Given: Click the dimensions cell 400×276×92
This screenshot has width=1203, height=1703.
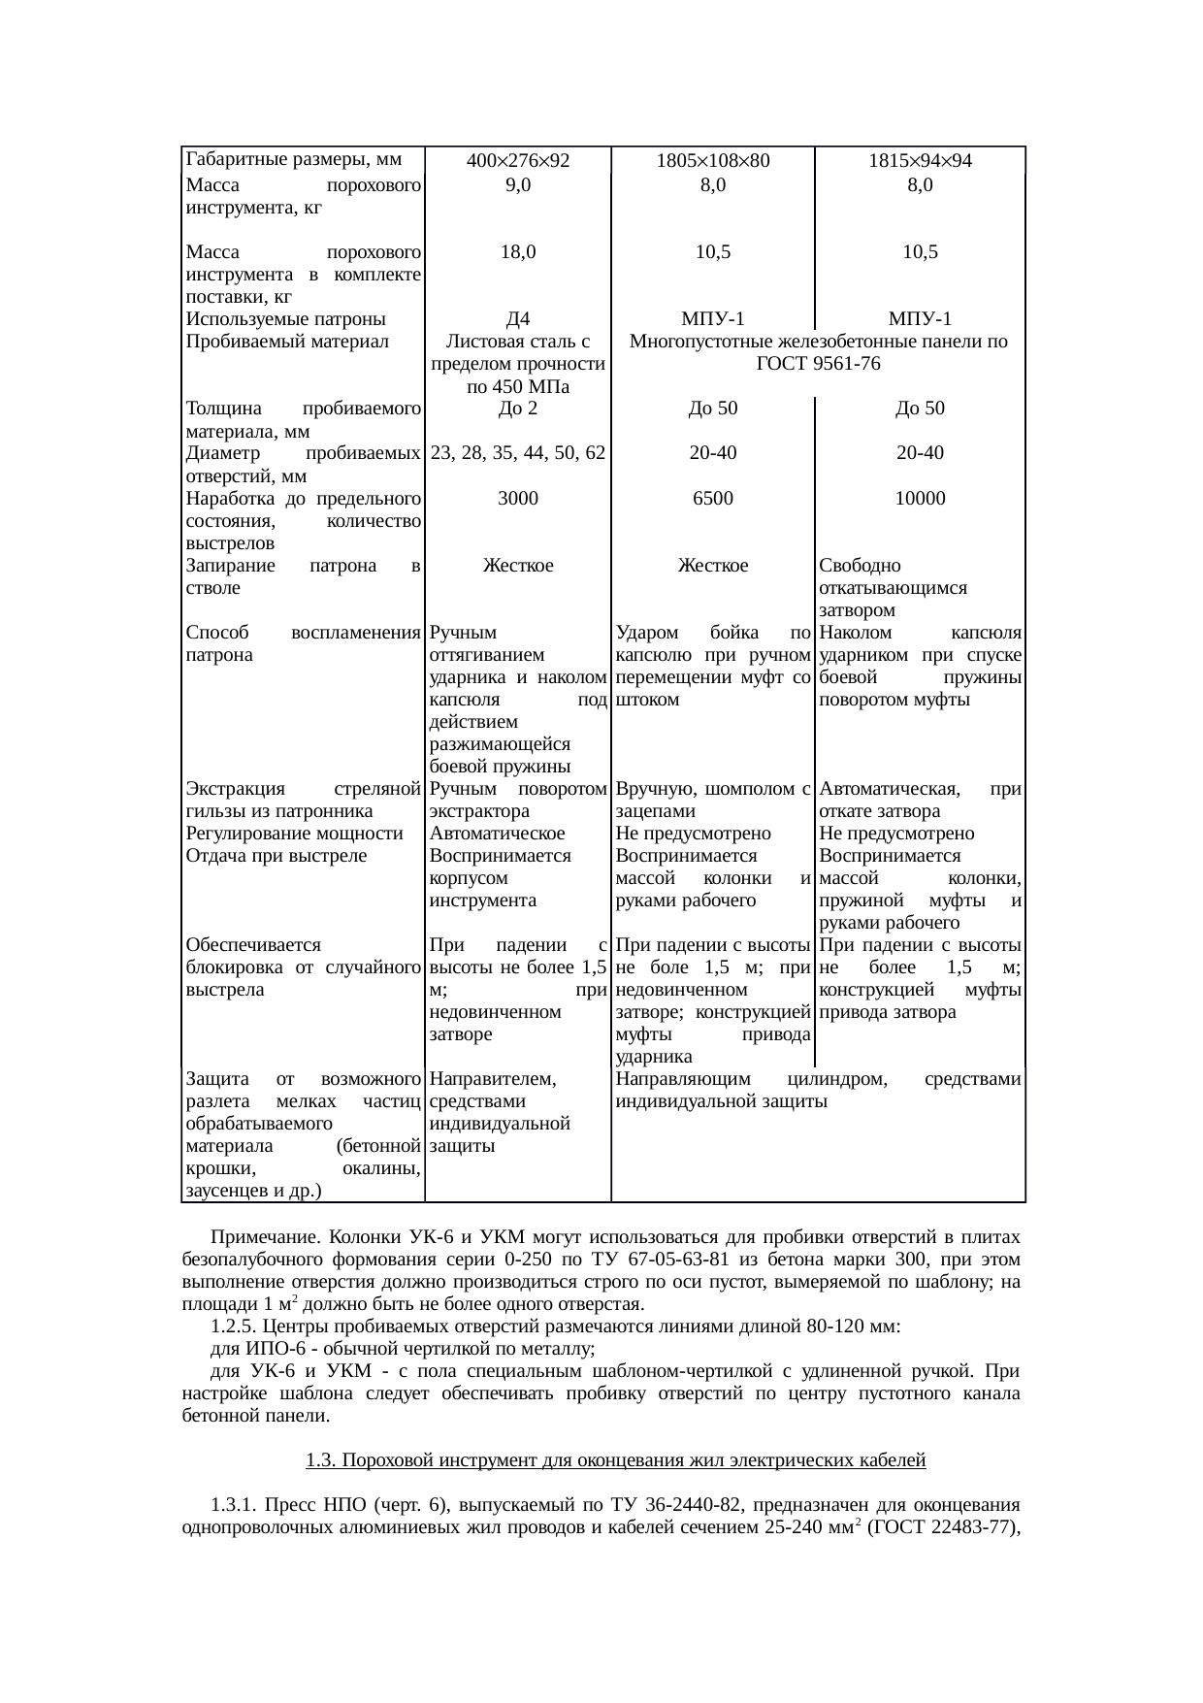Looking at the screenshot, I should (x=518, y=161).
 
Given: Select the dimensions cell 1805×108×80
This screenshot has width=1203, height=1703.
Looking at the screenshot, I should (x=712, y=161).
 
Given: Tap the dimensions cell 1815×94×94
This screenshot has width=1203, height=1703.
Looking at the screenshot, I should (x=920, y=161).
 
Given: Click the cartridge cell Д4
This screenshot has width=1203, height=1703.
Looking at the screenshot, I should (x=518, y=319).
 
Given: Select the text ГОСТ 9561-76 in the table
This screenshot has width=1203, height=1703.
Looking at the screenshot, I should (x=818, y=364).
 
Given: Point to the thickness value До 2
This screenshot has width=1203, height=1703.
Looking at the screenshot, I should (x=518, y=409).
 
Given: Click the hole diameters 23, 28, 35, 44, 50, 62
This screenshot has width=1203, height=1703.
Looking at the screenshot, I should (x=518, y=453).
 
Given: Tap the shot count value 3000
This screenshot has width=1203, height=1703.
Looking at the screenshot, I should (x=518, y=498).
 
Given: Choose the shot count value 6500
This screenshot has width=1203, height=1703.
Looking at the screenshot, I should (x=712, y=498).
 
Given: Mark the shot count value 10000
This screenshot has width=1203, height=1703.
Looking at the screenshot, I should (x=920, y=498).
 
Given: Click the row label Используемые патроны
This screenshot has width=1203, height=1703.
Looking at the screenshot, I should (x=285, y=319).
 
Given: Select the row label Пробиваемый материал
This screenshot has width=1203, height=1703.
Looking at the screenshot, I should (x=285, y=342).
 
